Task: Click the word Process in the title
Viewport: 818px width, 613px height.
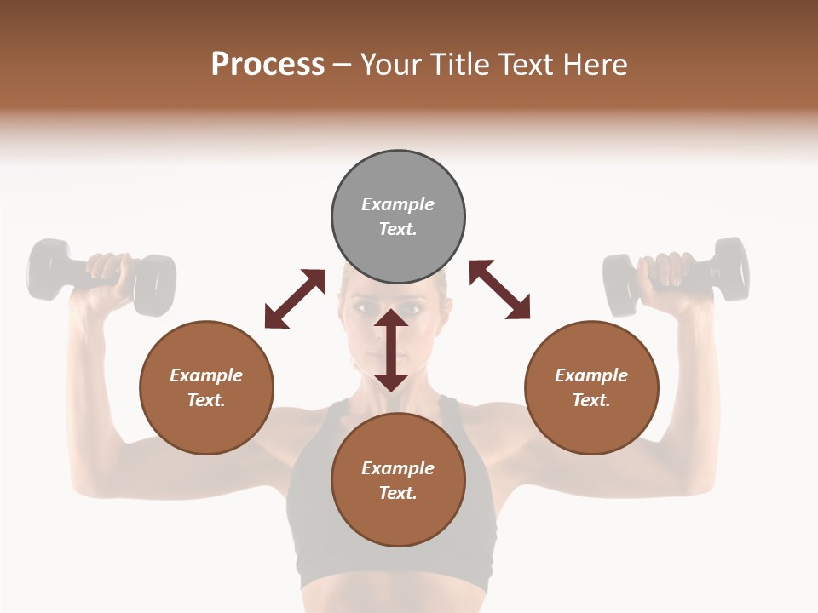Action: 268,65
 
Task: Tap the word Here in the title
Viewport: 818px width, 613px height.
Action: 595,65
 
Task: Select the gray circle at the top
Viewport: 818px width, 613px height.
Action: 398,216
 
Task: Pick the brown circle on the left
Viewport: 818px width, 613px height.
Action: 206,387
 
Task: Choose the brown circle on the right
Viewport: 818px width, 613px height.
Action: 591,387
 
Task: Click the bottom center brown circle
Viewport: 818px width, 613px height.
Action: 398,480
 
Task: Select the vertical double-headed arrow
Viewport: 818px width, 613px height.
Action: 391,350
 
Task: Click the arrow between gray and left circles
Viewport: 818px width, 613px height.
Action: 295,299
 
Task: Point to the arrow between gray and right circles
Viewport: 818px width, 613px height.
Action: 499,289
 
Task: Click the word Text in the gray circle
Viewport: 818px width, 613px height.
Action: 397,229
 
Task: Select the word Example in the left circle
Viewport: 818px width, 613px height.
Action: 206,375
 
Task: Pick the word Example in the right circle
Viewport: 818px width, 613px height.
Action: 591,375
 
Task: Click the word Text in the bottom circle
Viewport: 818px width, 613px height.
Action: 397,493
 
